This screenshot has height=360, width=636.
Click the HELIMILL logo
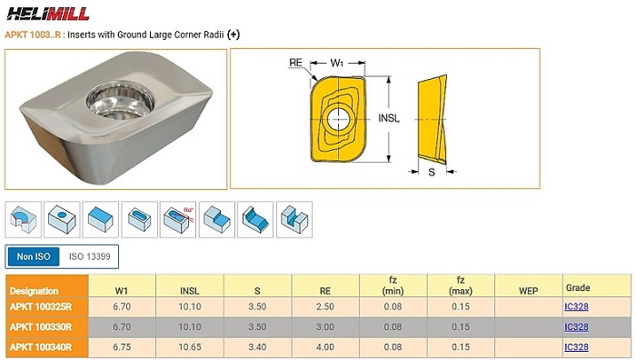[x=48, y=14]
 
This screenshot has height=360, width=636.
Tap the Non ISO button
[x=34, y=256]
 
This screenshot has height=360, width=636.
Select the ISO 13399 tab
[x=89, y=256]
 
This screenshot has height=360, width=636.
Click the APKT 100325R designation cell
[x=47, y=307]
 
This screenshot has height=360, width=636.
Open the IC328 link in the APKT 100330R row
[x=576, y=326]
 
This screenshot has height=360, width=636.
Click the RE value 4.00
[x=325, y=347]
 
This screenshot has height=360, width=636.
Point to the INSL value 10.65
[x=189, y=347]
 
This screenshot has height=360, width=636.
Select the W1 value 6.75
[x=122, y=347]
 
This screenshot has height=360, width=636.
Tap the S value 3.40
[x=257, y=347]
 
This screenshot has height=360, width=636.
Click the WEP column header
[x=529, y=291]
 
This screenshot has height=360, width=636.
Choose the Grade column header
[x=578, y=288]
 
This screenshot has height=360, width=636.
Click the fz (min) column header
[x=393, y=285]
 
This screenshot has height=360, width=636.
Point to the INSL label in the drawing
[x=389, y=118]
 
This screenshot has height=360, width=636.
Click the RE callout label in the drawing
[x=295, y=63]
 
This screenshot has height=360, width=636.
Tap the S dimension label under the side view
[x=432, y=173]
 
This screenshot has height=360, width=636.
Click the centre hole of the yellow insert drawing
[x=338, y=118]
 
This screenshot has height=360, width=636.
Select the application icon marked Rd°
[x=178, y=220]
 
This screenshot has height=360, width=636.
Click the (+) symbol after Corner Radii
[x=234, y=35]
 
